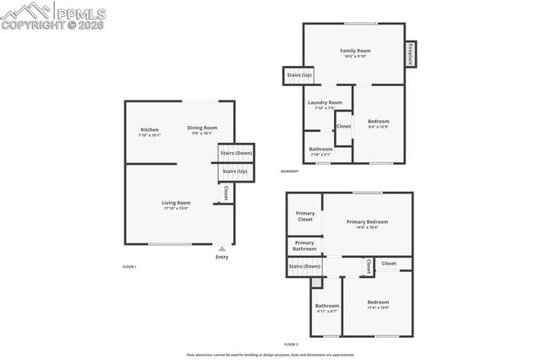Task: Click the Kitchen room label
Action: [x=150, y=129]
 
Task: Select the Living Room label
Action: [x=177, y=203]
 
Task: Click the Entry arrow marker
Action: [x=221, y=248]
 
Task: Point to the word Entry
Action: [x=221, y=257]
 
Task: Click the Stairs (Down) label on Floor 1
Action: [x=236, y=153]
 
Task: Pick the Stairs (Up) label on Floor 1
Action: [x=235, y=172]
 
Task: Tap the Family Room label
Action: [x=355, y=51]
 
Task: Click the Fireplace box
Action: [x=411, y=53]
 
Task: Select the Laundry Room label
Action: [x=325, y=103]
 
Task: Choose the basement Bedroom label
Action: [x=379, y=122]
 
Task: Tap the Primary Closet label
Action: [x=305, y=216]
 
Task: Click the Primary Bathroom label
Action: [x=305, y=246]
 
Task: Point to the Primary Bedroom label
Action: [x=367, y=221]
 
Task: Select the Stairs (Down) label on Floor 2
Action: [x=304, y=267]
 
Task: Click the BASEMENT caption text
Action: [x=290, y=172]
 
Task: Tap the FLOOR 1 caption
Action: [x=129, y=266]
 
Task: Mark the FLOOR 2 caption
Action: [x=291, y=345]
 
